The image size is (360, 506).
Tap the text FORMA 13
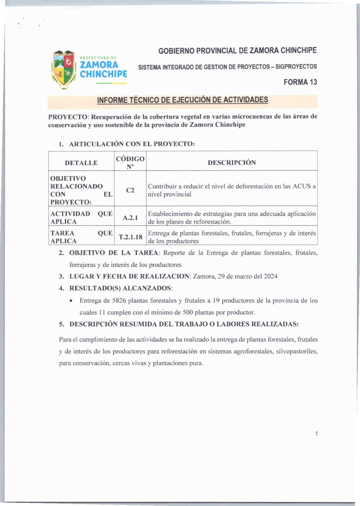(x=300, y=82)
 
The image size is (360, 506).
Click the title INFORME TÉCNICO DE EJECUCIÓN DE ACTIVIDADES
(x=182, y=100)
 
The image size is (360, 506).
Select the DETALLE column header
(x=81, y=163)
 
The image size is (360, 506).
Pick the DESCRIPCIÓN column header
(x=232, y=163)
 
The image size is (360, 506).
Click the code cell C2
(x=130, y=190)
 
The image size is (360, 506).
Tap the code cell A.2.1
(x=130, y=218)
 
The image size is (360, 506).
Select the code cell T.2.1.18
(x=130, y=237)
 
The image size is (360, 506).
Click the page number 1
(x=316, y=433)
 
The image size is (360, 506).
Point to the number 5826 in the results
(x=119, y=301)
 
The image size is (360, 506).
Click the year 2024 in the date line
(x=270, y=277)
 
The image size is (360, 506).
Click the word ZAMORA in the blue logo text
(x=99, y=65)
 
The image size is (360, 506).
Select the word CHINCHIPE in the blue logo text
(x=103, y=74)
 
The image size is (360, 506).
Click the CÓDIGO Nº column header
(x=130, y=163)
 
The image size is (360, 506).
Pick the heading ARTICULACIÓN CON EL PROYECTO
(x=132, y=144)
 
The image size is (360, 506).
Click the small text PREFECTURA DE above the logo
(x=98, y=58)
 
